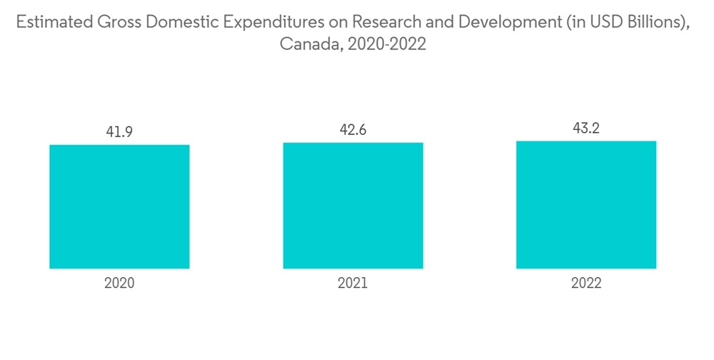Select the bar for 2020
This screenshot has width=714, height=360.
point(119,206)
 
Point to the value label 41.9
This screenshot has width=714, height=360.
point(119,132)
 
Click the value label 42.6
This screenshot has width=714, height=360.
point(353,130)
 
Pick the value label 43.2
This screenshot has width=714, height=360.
point(586,129)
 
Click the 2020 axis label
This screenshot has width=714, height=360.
point(119,283)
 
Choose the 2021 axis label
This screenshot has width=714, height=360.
point(353,283)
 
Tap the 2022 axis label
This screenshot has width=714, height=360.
point(586,283)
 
